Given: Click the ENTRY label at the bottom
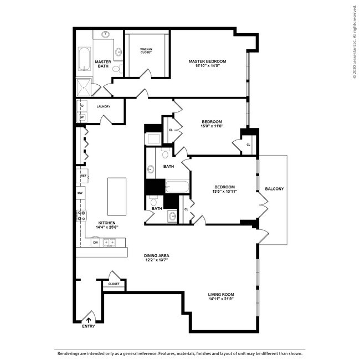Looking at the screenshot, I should click(89, 326).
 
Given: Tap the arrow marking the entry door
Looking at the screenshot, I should click(89, 320).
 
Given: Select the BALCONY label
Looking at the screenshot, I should click(274, 189).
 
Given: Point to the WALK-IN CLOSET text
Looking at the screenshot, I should click(146, 51).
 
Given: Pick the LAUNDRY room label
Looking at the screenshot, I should click(103, 106).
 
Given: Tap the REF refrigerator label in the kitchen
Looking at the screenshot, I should click(84, 176).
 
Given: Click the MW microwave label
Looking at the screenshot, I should click(80, 193).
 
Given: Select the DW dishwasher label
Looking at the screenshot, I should click(95, 242).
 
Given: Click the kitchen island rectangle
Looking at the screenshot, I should click(116, 197).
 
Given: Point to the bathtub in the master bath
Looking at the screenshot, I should click(84, 59).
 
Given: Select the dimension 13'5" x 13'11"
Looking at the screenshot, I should click(224, 192).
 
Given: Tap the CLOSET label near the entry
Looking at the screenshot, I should click(114, 284).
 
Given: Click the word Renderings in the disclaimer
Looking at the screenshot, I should click(70, 352).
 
